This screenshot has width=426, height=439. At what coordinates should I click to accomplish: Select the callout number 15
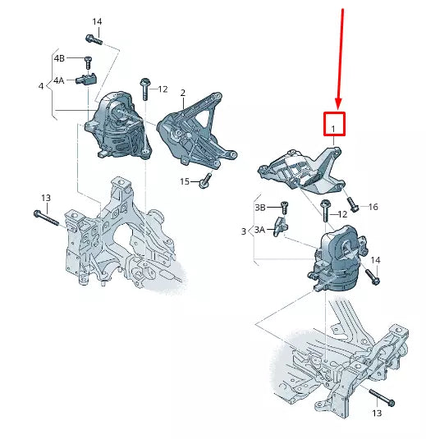tap(185, 181)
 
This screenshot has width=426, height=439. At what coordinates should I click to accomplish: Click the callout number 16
tap(373, 208)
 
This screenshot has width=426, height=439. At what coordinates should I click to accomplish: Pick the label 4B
tap(59, 59)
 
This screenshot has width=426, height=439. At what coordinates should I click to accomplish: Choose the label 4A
tap(59, 80)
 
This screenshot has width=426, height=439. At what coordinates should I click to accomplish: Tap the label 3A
tap(260, 231)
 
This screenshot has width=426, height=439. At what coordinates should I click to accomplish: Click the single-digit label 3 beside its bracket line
tap(244, 232)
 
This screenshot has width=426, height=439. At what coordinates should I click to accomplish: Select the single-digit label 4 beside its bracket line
tap(41, 85)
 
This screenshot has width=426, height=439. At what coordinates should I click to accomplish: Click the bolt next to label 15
tap(205, 178)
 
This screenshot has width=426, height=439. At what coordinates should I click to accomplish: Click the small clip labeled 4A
tap(86, 79)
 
